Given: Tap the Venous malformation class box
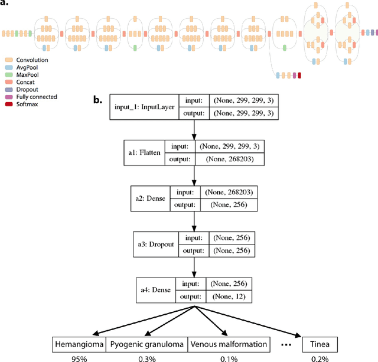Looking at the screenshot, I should [x=228, y=343].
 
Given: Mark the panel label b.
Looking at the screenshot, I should [x=98, y=100].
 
